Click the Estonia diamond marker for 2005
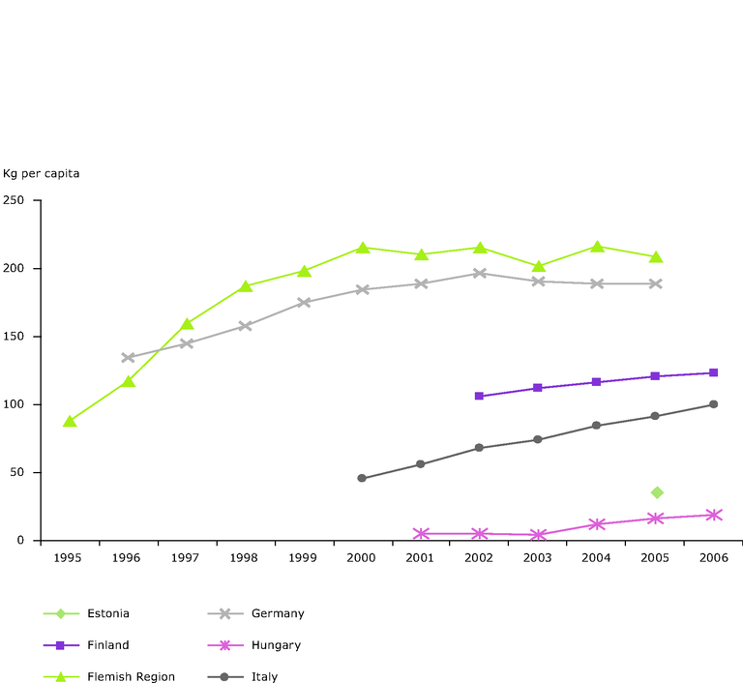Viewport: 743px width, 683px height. click(657, 492)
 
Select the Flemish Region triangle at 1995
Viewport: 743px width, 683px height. click(70, 422)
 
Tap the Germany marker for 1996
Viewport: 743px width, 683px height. click(128, 358)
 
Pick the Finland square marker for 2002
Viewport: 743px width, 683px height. click(479, 396)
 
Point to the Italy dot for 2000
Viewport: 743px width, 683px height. click(362, 478)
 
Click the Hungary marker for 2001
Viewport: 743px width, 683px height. click(421, 534)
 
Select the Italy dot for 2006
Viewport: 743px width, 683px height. click(714, 404)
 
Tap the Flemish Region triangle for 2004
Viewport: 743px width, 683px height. click(597, 247)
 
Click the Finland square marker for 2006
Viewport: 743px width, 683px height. click(714, 372)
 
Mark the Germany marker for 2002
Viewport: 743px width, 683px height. click(479, 273)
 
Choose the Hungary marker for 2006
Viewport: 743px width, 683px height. click(714, 515)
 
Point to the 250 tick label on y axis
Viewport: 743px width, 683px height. click(14, 200)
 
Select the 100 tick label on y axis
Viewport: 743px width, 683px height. click(14, 404)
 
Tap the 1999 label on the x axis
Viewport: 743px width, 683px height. click(303, 558)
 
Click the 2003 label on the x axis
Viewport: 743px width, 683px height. click(538, 558)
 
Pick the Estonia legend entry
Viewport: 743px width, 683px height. click(107, 613)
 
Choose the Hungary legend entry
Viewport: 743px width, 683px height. click(275, 645)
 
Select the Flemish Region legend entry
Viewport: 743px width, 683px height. click(131, 677)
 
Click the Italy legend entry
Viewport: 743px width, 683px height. click(263, 677)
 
